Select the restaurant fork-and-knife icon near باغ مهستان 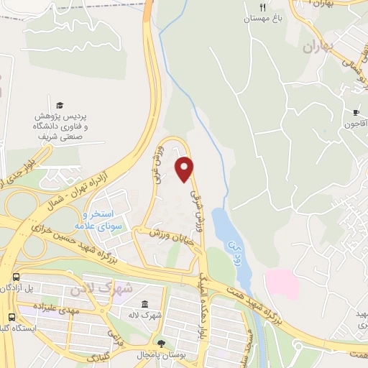[262, 7]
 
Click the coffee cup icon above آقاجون [355, 112]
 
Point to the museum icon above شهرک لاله [146, 304]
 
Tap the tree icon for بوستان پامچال [161, 344]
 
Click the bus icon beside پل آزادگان [16, 277]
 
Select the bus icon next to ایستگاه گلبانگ [11, 317]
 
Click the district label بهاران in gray [319, 49]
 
